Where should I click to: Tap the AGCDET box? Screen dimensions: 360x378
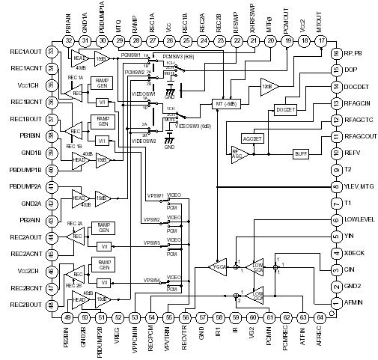point(253,139)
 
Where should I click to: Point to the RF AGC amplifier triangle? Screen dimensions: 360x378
point(238,153)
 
